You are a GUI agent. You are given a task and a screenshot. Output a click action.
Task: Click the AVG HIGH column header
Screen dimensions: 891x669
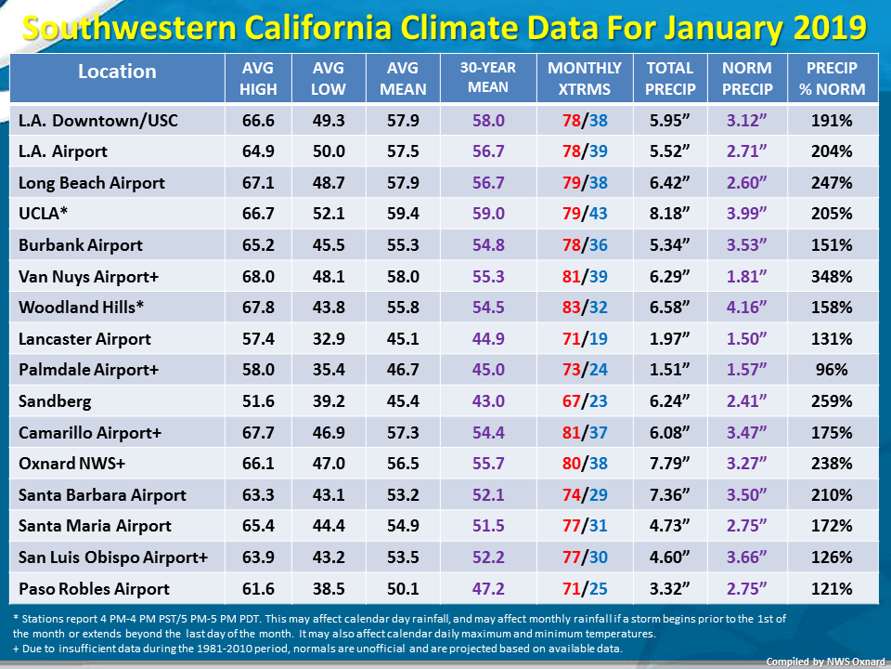(258, 78)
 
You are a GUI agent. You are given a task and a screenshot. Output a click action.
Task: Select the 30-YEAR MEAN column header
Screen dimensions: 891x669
(488, 77)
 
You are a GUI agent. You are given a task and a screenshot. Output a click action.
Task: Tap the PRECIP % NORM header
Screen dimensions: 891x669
(832, 78)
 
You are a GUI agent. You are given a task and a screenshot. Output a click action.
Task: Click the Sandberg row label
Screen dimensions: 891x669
(55, 401)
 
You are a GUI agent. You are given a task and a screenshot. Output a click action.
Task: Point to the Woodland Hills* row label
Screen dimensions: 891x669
(82, 308)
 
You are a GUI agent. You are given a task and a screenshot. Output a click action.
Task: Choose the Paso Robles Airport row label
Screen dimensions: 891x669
(94, 589)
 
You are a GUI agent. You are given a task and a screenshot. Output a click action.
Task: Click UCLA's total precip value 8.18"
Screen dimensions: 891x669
(670, 214)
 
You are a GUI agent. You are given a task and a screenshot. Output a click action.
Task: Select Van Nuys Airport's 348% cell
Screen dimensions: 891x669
(832, 277)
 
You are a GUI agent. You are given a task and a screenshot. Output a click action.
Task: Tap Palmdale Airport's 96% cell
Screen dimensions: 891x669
(832, 370)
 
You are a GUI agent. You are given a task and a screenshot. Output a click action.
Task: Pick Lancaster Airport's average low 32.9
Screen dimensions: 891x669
(329, 339)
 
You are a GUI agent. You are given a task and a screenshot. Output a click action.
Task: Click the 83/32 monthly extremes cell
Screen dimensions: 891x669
(585, 308)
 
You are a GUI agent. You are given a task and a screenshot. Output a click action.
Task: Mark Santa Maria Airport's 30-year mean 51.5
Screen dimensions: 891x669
(488, 526)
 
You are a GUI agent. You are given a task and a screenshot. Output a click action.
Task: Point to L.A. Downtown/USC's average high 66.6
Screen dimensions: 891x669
(258, 121)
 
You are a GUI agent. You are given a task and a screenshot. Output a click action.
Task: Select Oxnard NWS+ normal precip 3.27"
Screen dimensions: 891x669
(746, 464)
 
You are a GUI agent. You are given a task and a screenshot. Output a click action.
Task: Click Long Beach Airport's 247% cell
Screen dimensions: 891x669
(832, 183)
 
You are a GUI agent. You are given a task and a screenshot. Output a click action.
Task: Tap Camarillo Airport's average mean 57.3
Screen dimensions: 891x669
(403, 433)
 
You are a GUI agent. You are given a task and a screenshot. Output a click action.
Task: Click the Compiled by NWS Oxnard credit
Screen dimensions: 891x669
(825, 662)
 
